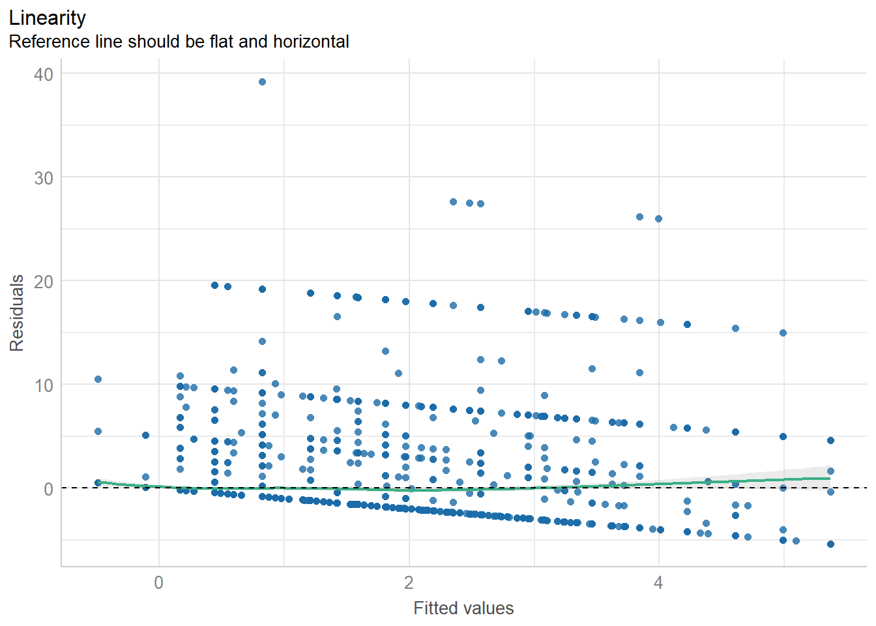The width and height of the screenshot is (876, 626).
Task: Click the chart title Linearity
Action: tap(47, 18)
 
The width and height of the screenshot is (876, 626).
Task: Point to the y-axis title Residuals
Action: tap(17, 313)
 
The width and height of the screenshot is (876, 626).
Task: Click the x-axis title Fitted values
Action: tap(463, 608)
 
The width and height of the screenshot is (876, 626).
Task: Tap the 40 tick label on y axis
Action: tap(44, 74)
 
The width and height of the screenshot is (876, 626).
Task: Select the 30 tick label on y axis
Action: tap(44, 178)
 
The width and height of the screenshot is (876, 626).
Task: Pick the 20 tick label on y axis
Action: tap(44, 282)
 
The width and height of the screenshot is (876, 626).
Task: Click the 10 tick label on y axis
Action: tap(44, 385)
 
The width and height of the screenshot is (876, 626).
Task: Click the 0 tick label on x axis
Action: tap(159, 582)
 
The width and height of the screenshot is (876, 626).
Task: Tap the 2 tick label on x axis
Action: tap(409, 582)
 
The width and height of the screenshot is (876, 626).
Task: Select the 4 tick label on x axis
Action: tap(658, 582)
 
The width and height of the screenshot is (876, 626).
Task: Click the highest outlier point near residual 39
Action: tap(262, 82)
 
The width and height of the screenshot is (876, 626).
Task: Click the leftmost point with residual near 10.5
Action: tap(98, 379)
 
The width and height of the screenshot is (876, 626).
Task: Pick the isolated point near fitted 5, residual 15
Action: tap(783, 333)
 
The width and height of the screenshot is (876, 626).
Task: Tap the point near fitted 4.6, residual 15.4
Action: tap(735, 328)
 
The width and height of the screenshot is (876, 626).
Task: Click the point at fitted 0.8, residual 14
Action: tap(262, 341)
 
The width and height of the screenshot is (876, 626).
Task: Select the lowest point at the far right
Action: tap(830, 544)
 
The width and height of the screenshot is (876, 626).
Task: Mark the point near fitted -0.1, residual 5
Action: tap(145, 435)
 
